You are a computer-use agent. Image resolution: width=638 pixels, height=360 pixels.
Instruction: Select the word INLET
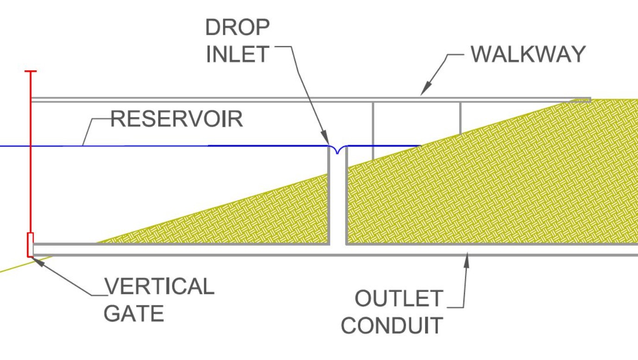pos(237,55)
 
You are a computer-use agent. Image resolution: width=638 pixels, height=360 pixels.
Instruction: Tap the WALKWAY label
pos(528,55)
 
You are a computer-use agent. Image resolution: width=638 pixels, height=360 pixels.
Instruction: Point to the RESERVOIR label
pos(177,119)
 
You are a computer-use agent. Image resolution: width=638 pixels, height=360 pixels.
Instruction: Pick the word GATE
pos(133,314)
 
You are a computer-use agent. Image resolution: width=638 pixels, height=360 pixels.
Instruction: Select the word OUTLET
pos(399,299)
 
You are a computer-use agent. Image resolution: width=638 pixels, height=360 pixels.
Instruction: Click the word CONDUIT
pos(392,326)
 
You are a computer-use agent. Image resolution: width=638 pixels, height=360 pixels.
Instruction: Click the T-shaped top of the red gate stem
pos(31,72)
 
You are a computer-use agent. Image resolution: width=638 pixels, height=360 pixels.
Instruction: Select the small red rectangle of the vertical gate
pos(31,244)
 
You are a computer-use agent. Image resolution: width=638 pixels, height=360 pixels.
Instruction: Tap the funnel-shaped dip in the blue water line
pos(338,149)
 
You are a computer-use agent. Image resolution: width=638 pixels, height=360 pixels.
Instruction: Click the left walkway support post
pos(373,130)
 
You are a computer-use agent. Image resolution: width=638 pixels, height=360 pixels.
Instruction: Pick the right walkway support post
pos(460,118)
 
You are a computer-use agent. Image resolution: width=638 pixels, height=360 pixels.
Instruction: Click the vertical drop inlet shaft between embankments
pos(338,199)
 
